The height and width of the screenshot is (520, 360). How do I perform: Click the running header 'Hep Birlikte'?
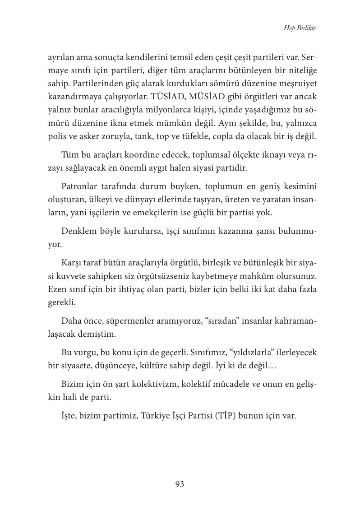[300, 28]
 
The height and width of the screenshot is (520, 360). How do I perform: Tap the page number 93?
[180, 484]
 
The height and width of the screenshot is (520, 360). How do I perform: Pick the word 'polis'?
[56, 136]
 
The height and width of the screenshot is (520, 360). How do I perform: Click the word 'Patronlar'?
[80, 187]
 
